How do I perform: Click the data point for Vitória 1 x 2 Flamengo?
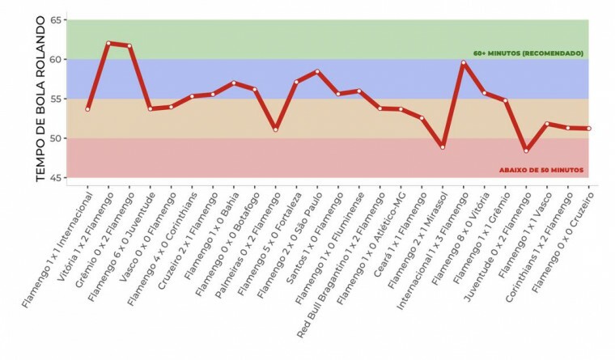[108, 43]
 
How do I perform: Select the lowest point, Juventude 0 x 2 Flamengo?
[527, 150]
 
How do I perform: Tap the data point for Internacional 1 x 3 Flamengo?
[464, 62]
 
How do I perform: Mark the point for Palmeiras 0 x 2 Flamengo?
[275, 129]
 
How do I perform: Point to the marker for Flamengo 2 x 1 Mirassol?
[443, 146]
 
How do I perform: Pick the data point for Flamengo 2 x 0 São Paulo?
[317, 71]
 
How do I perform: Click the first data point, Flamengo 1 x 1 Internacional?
[87, 109]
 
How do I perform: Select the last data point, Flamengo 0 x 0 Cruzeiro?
[589, 129]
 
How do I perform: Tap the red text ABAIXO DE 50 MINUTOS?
[540, 170]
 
